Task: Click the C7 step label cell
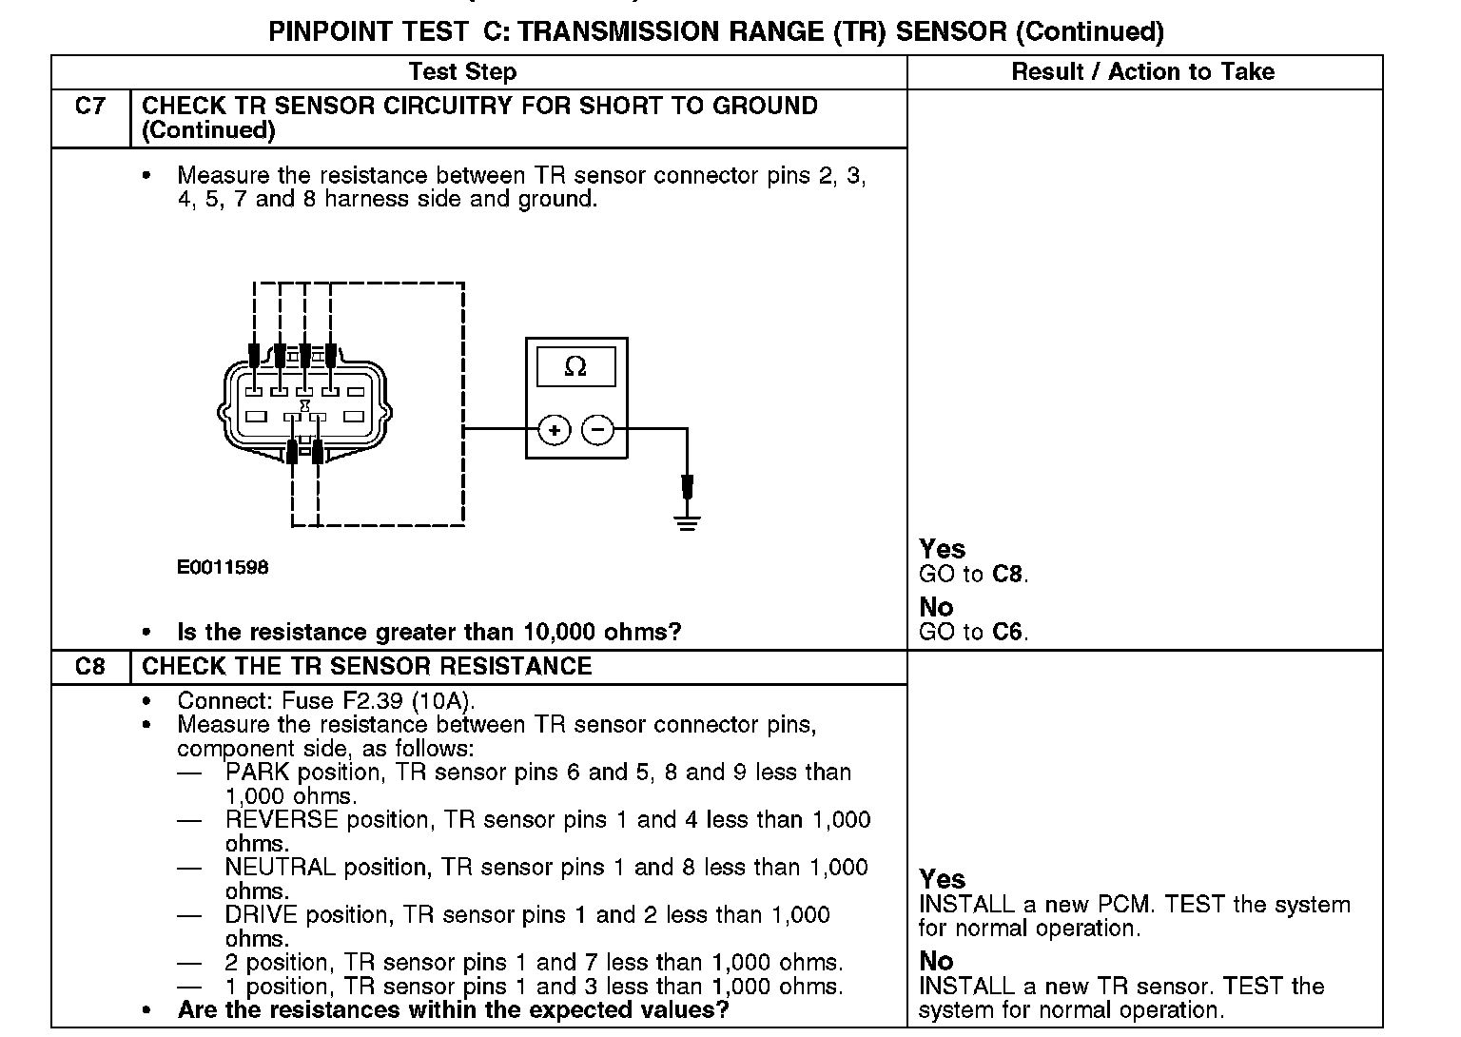point(89,107)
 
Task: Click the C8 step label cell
point(89,667)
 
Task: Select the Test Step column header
point(462,72)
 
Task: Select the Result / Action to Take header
point(1142,72)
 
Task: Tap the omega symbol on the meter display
point(575,366)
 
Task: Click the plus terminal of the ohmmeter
point(555,431)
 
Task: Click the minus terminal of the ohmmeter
point(597,431)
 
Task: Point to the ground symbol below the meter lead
point(687,520)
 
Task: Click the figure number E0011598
point(223,568)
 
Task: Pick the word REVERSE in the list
point(282,820)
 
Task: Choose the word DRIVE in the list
point(262,915)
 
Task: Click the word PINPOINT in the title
point(330,31)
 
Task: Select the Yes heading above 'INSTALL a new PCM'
point(942,879)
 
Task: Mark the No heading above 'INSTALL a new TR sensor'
point(936,961)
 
